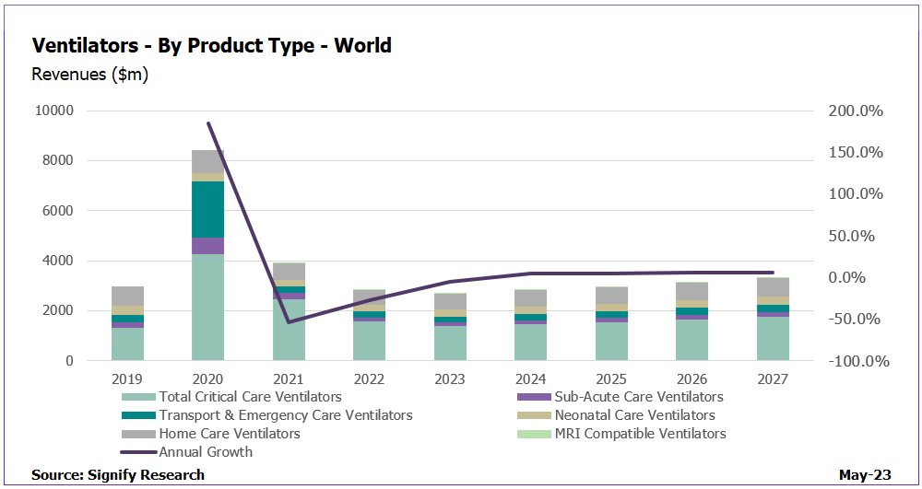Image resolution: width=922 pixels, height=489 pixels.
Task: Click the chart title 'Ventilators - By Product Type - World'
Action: coord(211,45)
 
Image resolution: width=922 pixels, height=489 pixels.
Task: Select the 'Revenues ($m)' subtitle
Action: coord(89,75)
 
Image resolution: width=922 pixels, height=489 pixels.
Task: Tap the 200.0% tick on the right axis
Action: coord(857,111)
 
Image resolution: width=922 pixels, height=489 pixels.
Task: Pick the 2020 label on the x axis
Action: coord(207,378)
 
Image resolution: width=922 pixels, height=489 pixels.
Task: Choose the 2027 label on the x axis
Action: coord(773,378)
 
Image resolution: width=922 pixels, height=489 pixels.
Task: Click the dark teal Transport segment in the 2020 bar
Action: coord(207,209)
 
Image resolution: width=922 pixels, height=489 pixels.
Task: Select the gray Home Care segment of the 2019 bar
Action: coord(127,296)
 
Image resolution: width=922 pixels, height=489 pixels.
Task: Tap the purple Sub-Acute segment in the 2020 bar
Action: coord(207,246)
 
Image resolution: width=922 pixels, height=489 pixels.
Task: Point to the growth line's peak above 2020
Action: coord(207,123)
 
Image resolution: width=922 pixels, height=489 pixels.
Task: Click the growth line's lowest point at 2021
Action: coord(289,322)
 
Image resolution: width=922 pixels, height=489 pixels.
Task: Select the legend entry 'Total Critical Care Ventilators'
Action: coord(250,397)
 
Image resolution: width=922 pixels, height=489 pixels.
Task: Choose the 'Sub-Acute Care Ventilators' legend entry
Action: coord(638,397)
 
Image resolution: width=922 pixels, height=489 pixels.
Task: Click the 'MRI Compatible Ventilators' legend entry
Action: coord(640,434)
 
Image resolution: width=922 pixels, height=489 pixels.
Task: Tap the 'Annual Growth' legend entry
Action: coord(205,452)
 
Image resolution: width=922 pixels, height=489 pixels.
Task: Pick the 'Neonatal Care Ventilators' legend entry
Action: coord(634,415)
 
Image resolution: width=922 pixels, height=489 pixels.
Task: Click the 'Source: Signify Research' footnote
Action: coord(118,475)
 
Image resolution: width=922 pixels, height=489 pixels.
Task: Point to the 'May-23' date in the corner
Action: coord(865,475)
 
